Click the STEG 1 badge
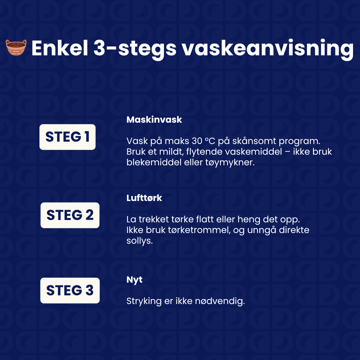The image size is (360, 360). [68, 137]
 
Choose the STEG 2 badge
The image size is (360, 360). [70, 215]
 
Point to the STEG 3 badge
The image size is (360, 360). [70, 290]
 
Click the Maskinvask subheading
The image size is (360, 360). [154, 120]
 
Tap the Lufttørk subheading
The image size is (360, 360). [144, 198]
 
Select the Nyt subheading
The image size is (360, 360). [134, 280]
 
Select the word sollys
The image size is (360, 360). [139, 241]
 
